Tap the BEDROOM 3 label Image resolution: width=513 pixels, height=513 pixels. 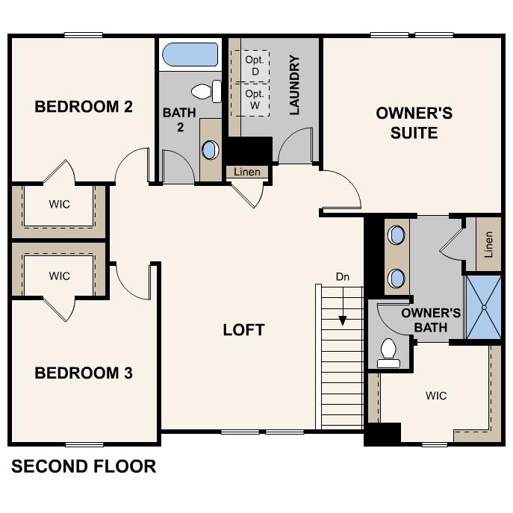[84, 373]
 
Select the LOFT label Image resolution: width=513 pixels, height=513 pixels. [244, 329]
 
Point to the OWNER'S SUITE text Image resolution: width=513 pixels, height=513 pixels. [414, 123]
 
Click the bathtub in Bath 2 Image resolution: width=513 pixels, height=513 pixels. [190, 55]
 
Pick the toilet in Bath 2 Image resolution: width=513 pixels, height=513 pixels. [206, 92]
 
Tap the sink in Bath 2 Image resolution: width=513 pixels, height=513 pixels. [210, 149]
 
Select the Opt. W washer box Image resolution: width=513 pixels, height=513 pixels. [255, 99]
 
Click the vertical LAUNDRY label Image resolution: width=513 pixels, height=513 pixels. [294, 85]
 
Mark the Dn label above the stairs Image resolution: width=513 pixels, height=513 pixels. [342, 276]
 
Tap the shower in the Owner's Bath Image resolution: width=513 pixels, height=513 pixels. [483, 306]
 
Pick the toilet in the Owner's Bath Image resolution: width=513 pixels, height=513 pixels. [388, 352]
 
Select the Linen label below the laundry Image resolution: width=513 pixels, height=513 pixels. [247, 172]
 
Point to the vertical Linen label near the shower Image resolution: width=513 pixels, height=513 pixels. [488, 243]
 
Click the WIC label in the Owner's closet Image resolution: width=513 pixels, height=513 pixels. [436, 395]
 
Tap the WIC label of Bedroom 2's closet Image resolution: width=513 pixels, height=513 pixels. [59, 204]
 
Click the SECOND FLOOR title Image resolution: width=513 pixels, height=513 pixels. [84, 467]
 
